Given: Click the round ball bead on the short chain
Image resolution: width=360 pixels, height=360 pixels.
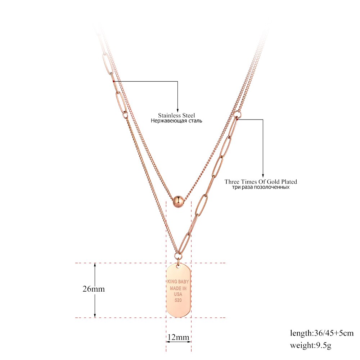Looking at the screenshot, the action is pyautogui.click(x=178, y=202).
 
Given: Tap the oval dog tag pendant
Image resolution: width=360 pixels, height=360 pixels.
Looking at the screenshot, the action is pyautogui.click(x=179, y=290).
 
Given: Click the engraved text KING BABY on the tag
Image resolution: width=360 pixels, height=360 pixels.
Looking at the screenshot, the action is pyautogui.click(x=178, y=282).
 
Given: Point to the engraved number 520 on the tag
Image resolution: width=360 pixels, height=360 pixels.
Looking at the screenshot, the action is pyautogui.click(x=178, y=300).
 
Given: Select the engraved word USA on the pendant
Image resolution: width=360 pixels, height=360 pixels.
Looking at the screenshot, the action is pyautogui.click(x=178, y=294).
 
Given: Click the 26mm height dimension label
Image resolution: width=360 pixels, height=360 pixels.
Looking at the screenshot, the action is pyautogui.click(x=94, y=289).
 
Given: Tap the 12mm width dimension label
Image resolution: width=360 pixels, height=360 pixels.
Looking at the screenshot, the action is pyautogui.click(x=179, y=337).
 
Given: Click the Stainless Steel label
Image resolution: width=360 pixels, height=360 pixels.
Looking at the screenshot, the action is pyautogui.click(x=176, y=115).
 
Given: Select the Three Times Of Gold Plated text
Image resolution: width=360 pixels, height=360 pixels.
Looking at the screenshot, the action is pyautogui.click(x=261, y=181).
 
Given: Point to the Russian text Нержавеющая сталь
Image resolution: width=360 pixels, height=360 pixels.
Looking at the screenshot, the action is pyautogui.click(x=176, y=121).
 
